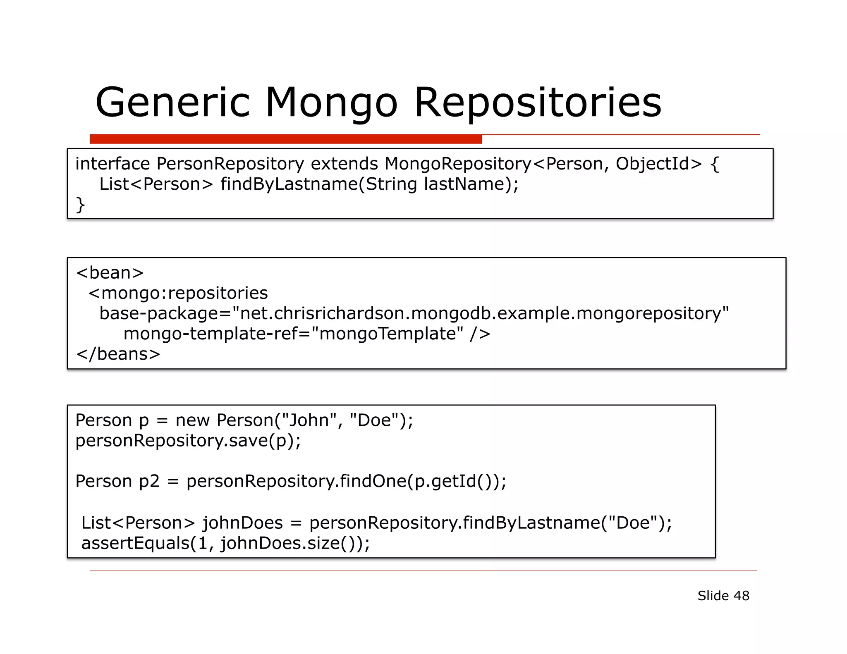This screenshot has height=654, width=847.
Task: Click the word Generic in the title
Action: (173, 102)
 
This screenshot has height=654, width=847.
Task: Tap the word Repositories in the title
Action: (538, 102)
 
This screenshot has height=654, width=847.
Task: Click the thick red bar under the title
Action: (285, 139)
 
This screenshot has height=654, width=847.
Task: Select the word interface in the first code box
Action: (112, 164)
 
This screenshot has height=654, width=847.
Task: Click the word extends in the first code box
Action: (344, 164)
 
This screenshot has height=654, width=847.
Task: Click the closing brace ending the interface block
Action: (80, 205)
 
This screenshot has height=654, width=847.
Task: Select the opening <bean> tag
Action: (110, 273)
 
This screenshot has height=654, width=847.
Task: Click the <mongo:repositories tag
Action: (178, 293)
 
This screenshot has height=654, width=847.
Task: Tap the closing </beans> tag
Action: (118, 354)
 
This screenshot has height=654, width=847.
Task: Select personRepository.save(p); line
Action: (188, 441)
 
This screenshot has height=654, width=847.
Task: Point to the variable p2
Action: (149, 481)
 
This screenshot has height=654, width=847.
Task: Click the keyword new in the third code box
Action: (192, 420)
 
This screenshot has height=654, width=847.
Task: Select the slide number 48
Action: (741, 596)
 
